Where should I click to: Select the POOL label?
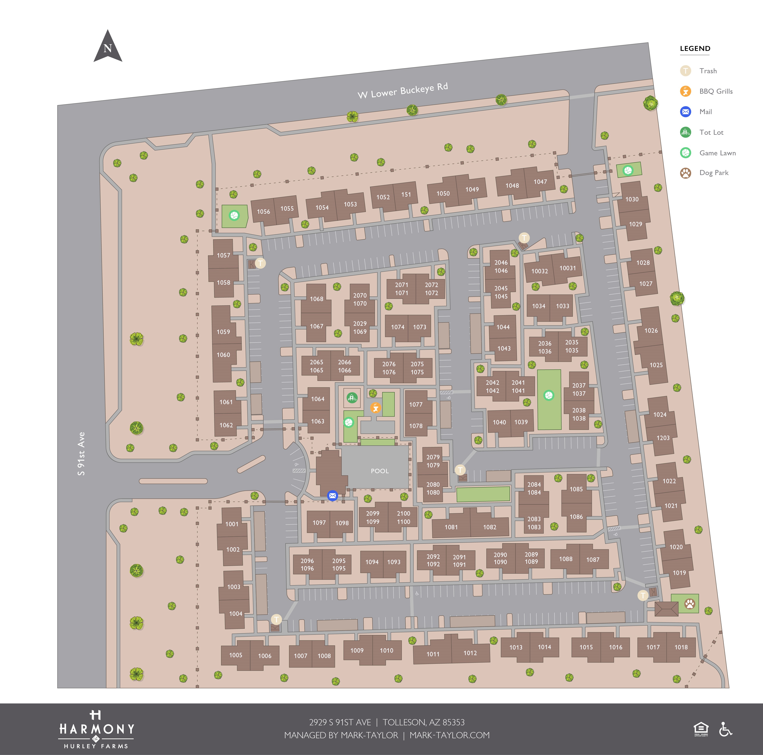click(x=379, y=471)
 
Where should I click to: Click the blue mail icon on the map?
click(x=332, y=496)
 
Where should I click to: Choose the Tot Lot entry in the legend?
click(x=711, y=132)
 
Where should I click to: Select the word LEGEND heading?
click(x=695, y=49)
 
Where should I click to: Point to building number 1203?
click(x=663, y=438)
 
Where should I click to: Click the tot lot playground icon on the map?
click(x=352, y=398)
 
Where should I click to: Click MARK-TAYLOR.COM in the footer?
click(x=449, y=735)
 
